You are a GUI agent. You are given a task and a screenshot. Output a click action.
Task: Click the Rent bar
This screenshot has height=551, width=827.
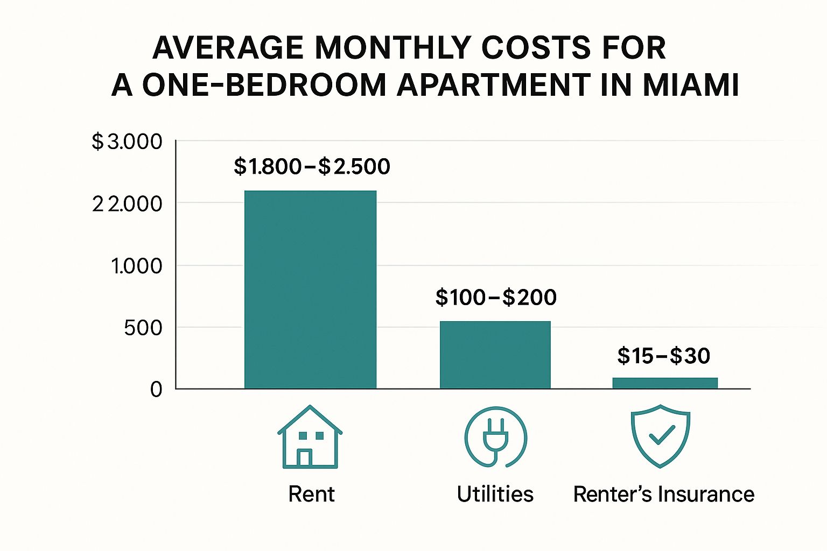(x=310, y=289)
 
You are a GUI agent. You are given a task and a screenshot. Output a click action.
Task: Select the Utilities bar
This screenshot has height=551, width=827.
(x=495, y=355)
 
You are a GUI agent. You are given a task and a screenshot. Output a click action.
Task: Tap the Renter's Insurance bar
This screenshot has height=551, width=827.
(x=665, y=383)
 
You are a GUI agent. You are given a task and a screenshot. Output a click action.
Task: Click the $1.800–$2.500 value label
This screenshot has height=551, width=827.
(x=312, y=167)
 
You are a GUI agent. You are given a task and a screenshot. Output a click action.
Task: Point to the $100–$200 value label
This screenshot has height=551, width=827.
(x=496, y=298)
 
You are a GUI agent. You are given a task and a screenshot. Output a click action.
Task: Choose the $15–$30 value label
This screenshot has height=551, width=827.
(x=663, y=356)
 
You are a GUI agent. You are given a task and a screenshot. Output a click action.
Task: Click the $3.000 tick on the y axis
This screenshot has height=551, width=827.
(x=127, y=142)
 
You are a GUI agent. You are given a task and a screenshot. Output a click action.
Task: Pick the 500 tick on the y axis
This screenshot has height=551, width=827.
(x=143, y=328)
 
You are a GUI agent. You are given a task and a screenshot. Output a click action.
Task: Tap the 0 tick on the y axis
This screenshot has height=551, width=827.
(x=156, y=389)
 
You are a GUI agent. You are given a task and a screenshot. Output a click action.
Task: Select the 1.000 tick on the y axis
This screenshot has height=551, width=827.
(x=136, y=266)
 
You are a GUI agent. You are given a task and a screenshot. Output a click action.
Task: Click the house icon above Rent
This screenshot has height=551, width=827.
(x=310, y=437)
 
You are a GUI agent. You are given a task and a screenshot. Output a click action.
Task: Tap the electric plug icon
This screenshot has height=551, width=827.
(x=495, y=437)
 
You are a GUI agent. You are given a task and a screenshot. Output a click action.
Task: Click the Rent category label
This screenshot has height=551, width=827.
(x=311, y=494)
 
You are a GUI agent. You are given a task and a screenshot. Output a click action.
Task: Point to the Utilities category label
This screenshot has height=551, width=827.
(x=495, y=494)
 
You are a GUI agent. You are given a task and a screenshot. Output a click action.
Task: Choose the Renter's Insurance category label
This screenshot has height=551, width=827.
(x=663, y=494)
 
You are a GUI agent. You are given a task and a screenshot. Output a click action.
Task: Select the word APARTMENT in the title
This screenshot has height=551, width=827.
(x=493, y=86)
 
